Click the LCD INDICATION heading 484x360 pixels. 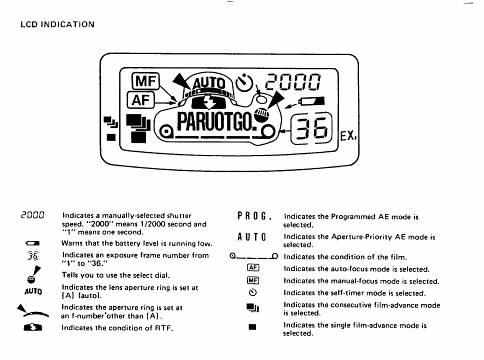point(57,24)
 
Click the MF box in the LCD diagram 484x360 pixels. point(145,81)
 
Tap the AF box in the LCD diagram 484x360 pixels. point(141,100)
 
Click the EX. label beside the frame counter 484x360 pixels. point(349,134)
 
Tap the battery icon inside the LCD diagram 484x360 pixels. point(311,101)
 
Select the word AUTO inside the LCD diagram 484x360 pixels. point(208,82)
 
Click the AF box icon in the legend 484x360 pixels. point(253,268)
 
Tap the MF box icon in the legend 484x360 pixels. point(253,280)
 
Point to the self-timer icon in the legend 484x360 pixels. point(253,293)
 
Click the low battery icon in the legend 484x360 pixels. point(32,243)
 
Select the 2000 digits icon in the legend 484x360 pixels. point(33,216)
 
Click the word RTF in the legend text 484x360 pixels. point(163,328)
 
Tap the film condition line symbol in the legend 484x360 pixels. point(253,257)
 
